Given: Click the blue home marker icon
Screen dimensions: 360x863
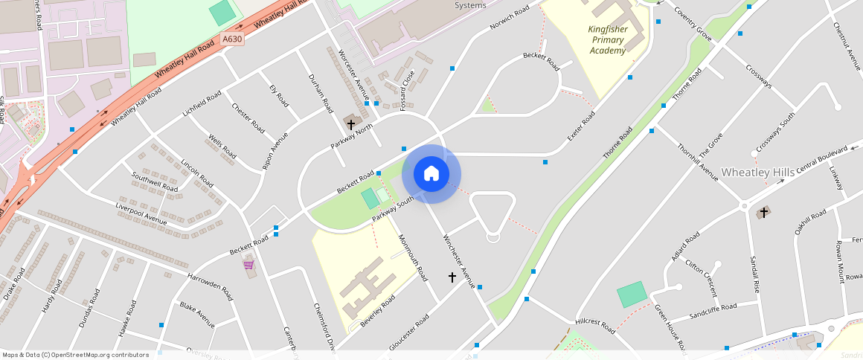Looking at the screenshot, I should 431,174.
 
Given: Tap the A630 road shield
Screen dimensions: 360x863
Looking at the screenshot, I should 232,39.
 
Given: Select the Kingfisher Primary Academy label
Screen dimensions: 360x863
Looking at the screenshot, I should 608,39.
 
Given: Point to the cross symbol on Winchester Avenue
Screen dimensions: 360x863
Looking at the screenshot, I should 452,277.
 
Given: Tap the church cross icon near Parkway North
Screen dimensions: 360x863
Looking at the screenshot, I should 351,123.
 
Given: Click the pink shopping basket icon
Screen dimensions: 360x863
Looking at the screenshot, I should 248,264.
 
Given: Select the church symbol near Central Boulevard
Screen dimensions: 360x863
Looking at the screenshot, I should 763,213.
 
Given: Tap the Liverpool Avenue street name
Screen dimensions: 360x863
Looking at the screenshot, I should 141,213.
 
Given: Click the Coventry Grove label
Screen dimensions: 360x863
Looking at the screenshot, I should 693,24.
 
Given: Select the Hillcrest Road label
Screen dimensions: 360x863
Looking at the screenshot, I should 595,326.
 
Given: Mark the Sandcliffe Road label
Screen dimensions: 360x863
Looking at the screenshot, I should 713,309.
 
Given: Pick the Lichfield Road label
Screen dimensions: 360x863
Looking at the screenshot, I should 202,105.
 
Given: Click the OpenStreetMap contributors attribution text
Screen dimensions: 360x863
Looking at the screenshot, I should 75,355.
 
